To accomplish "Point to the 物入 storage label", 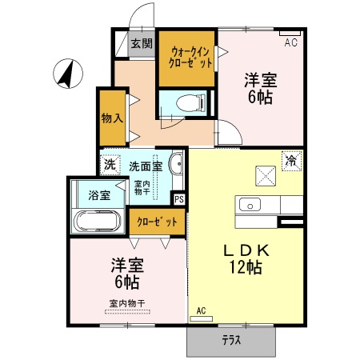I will pos(112,118).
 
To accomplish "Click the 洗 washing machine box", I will pos(109,164).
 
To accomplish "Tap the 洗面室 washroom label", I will pos(146,166).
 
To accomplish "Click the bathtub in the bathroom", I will pos(97,221).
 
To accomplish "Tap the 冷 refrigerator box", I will pos(291,160).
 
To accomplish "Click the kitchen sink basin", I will pos(250,203).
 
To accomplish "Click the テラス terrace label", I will pos(231,339).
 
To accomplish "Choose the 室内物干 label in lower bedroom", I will pos(127,303).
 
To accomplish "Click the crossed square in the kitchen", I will pos(265,174).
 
